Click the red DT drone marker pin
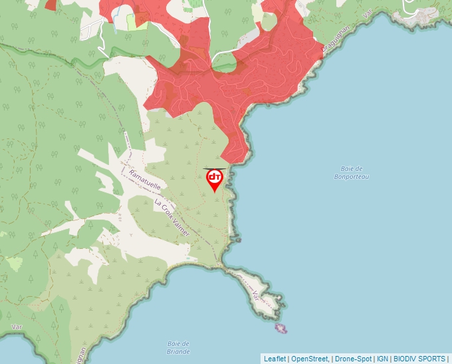[x=215, y=178]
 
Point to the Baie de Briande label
[x=179, y=347]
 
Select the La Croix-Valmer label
[x=171, y=218]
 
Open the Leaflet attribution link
[x=275, y=359]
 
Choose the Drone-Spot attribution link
[x=352, y=359]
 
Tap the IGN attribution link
[x=382, y=359]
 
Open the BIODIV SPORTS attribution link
[x=419, y=359]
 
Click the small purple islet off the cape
[x=281, y=328]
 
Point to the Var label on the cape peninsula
[x=257, y=294]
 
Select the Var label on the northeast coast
[x=366, y=14]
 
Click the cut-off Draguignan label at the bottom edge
[x=82, y=355]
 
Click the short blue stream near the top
[x=115, y=23]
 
